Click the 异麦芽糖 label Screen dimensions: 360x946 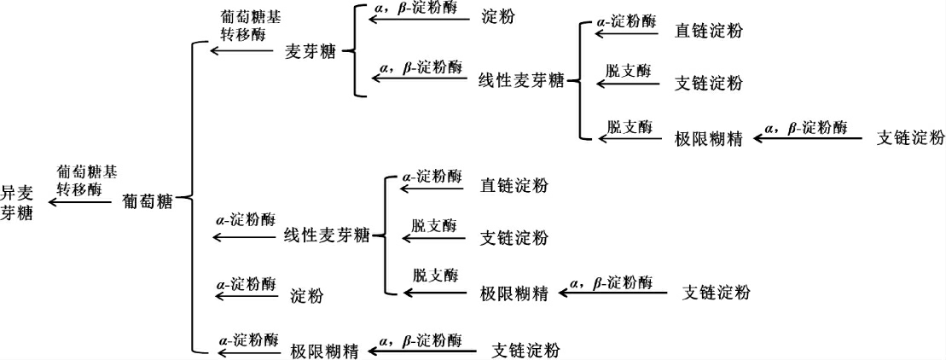[x=17, y=202]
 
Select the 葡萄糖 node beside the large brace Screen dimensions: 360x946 [x=148, y=202]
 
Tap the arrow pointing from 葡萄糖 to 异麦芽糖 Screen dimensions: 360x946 [x=80, y=202]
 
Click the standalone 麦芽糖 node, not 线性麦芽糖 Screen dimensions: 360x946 [x=310, y=51]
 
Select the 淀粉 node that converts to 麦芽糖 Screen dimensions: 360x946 [x=498, y=16]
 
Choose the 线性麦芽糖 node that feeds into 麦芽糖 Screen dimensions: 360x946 [x=521, y=81]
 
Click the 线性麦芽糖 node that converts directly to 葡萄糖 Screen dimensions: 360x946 [x=326, y=235]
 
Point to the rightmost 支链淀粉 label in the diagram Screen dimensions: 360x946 [x=911, y=138]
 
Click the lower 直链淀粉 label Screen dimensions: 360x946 [x=514, y=185]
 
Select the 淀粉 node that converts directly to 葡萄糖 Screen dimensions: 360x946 [x=307, y=295]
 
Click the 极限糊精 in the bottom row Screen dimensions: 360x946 [x=323, y=350]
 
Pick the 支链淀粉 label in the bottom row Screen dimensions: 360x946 [x=526, y=350]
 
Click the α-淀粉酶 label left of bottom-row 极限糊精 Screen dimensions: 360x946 [x=247, y=338]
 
